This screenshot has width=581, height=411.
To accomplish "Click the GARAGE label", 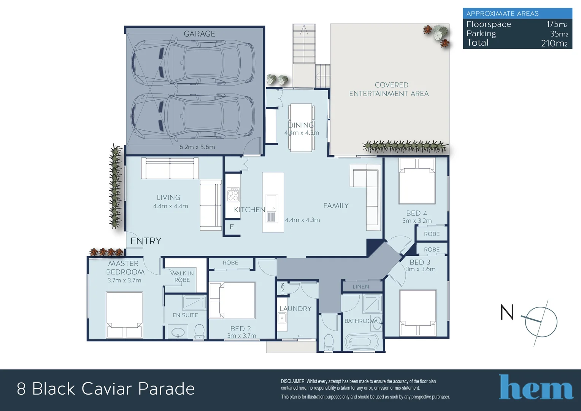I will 199,34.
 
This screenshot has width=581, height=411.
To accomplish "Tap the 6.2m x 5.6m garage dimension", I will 197,147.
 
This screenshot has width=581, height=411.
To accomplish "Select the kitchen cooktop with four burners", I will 233,194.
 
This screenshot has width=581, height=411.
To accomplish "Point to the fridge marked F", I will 232,227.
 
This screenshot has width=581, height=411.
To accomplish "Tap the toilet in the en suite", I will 199,331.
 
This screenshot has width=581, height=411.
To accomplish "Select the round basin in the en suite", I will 178,332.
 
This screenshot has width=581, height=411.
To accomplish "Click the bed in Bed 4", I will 417,182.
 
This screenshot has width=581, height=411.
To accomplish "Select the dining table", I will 301,128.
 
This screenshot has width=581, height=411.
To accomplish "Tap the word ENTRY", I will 146,241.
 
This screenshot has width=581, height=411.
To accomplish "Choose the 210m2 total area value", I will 554,43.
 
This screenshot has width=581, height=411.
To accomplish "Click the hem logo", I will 536,387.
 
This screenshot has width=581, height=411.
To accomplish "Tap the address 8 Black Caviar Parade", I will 106,389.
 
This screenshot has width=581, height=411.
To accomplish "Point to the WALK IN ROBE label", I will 182,276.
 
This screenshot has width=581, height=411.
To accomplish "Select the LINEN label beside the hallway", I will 360,287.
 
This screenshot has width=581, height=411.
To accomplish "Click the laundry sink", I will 282,317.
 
